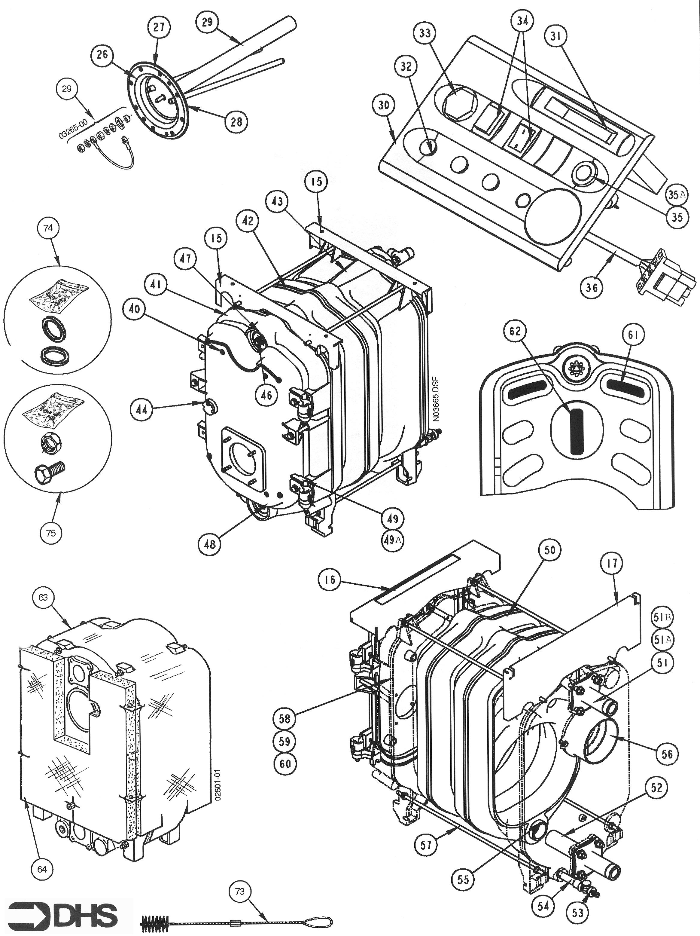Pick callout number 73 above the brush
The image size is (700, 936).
click(x=239, y=891)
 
